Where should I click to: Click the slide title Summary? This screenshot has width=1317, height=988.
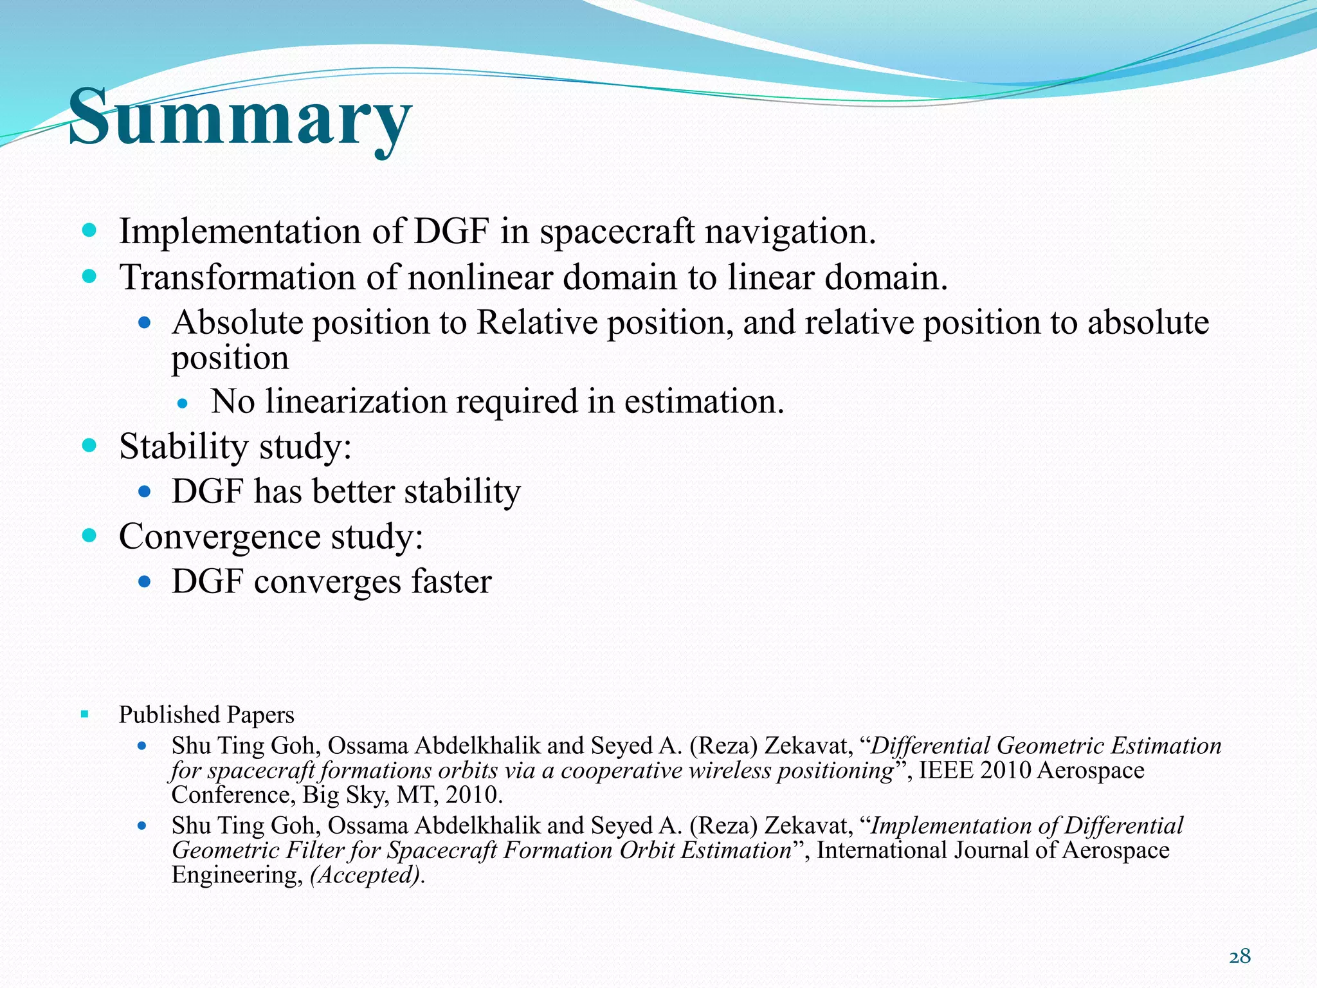click(239, 117)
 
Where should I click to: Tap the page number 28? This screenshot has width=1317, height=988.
click(1239, 956)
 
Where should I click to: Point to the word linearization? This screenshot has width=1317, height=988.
click(356, 401)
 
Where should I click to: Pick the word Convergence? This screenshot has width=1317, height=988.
click(219, 536)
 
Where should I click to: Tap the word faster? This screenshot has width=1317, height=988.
click(451, 581)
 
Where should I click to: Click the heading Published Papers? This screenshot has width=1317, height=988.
click(206, 715)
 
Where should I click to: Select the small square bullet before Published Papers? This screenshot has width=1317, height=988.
click(85, 714)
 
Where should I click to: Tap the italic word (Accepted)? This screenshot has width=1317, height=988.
click(366, 875)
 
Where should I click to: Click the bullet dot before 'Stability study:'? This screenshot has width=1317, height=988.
click(89, 444)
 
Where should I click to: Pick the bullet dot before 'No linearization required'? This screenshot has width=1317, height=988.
click(183, 404)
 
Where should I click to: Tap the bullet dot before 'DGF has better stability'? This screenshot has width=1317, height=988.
click(145, 492)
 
